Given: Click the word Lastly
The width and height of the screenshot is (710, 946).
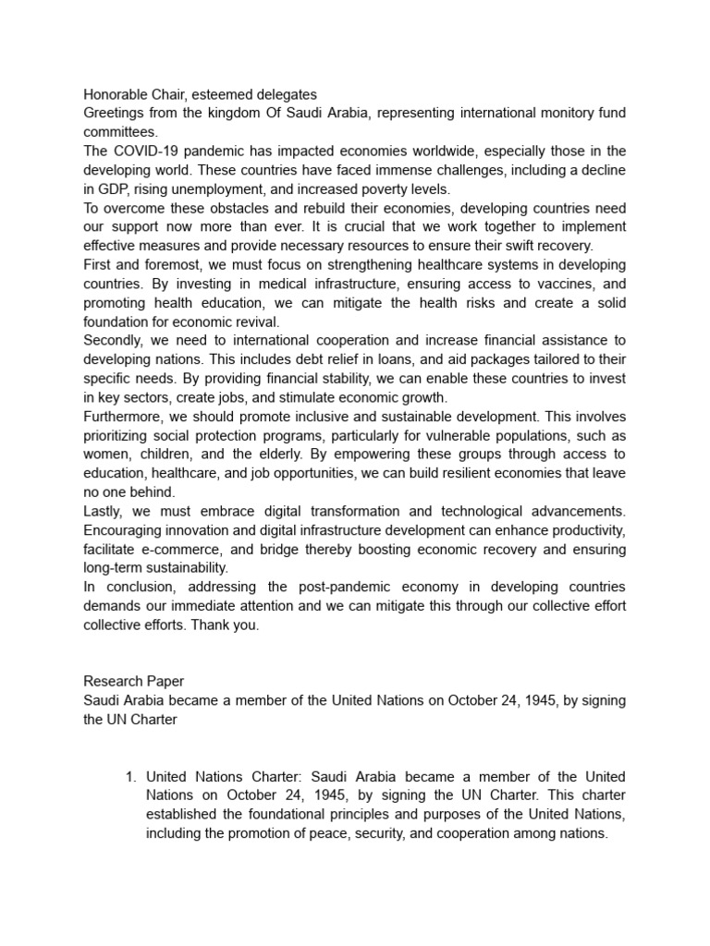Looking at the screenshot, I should [104, 511].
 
